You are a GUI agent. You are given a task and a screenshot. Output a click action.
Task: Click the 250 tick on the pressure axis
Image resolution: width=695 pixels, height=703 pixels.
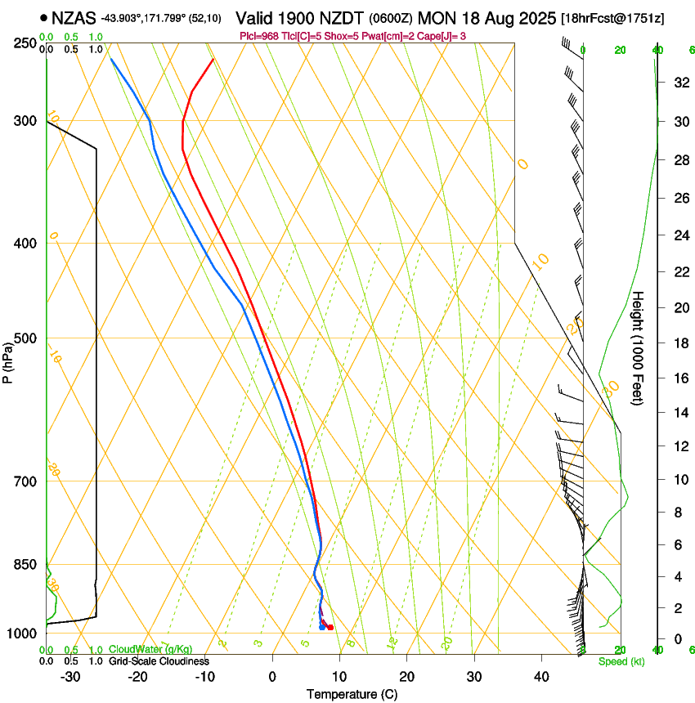pyautogui.click(x=26, y=43)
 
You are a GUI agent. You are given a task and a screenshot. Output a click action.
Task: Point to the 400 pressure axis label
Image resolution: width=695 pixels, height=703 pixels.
pyautogui.click(x=26, y=244)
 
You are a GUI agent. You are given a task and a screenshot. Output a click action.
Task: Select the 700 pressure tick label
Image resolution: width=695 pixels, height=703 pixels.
pyautogui.click(x=26, y=481)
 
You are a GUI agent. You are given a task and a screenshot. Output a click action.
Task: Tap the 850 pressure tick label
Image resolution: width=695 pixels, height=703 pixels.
pyautogui.click(x=26, y=565)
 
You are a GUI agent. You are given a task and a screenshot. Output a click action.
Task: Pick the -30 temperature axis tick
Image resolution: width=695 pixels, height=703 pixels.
pyautogui.click(x=70, y=677)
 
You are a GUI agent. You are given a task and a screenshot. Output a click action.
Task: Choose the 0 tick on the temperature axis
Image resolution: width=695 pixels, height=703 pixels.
pyautogui.click(x=272, y=677)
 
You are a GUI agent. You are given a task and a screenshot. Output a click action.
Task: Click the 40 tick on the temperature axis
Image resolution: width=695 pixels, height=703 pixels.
pyautogui.click(x=540, y=677)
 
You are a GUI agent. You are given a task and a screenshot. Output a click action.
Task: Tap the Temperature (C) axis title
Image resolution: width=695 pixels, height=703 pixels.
pyautogui.click(x=352, y=694)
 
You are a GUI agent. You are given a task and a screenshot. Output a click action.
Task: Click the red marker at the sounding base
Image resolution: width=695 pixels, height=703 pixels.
pyautogui.click(x=330, y=627)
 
